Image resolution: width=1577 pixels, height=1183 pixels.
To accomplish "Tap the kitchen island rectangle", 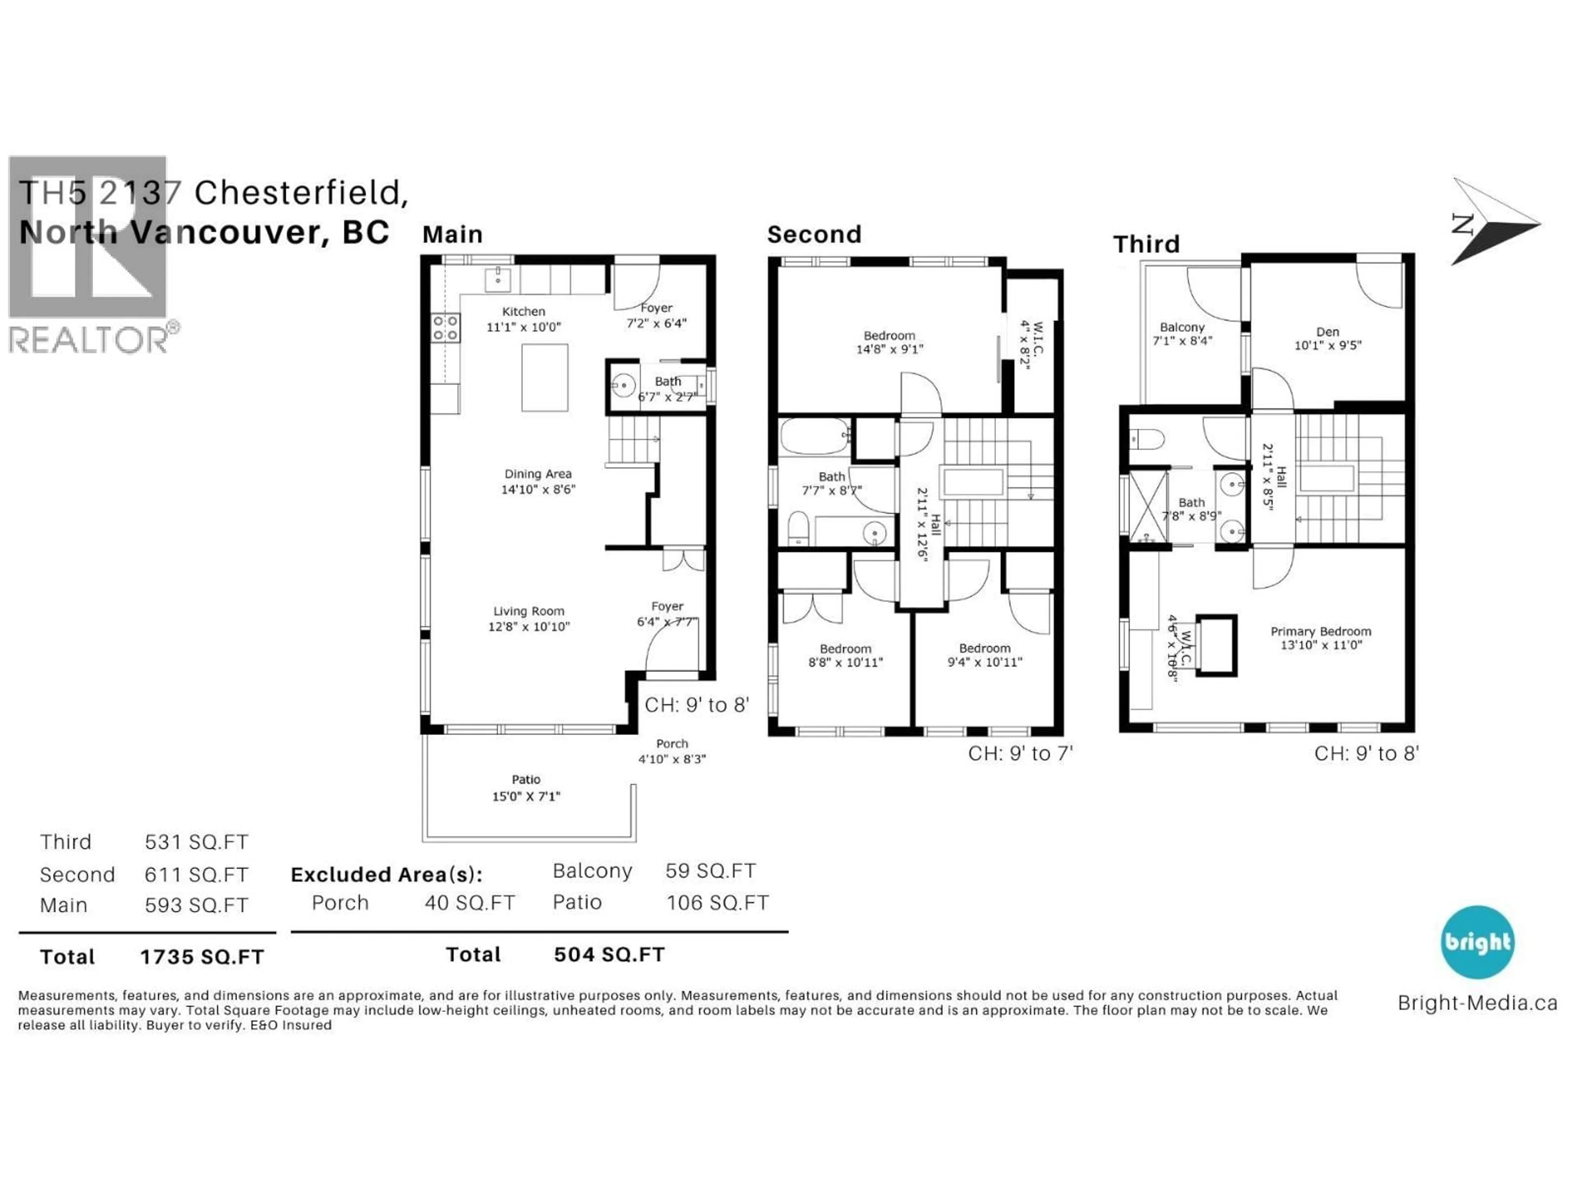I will pos(545,378).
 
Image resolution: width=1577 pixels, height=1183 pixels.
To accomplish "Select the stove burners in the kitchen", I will pos(445,328).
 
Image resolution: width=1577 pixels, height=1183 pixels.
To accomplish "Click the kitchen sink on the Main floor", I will pos(498,280).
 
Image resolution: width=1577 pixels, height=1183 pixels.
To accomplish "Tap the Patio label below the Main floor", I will pos(526,779).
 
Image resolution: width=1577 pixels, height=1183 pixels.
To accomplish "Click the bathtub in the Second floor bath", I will pos(814,436).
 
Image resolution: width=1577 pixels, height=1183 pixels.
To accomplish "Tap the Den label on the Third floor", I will pos(1327,331).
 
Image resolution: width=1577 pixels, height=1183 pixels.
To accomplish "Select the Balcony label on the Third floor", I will pos(1182,327).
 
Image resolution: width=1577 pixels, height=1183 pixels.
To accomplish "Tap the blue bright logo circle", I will pos(1477,942).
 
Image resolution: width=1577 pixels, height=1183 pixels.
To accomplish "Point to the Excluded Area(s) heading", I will pos(386,875).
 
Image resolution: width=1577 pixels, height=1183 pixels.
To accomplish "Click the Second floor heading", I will pos(814,235).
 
